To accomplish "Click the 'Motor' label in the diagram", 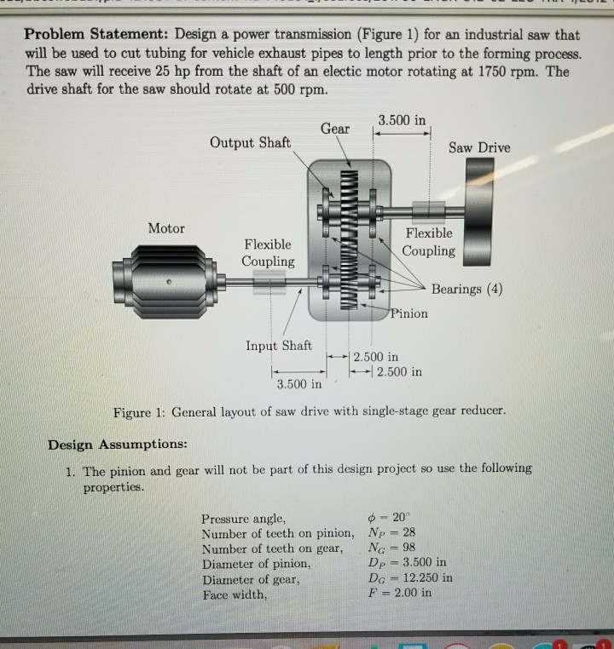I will (166, 227).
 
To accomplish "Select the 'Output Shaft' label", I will (249, 141).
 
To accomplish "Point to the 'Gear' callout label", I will (335, 128).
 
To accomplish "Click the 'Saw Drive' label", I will (480, 147).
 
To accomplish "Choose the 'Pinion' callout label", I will (409, 313).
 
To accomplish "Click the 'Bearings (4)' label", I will (466, 289).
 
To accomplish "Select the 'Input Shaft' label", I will (278, 345).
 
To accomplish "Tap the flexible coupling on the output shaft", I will (427, 210).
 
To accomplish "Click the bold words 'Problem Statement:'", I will (95, 35).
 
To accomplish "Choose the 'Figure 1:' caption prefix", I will (140, 412).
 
